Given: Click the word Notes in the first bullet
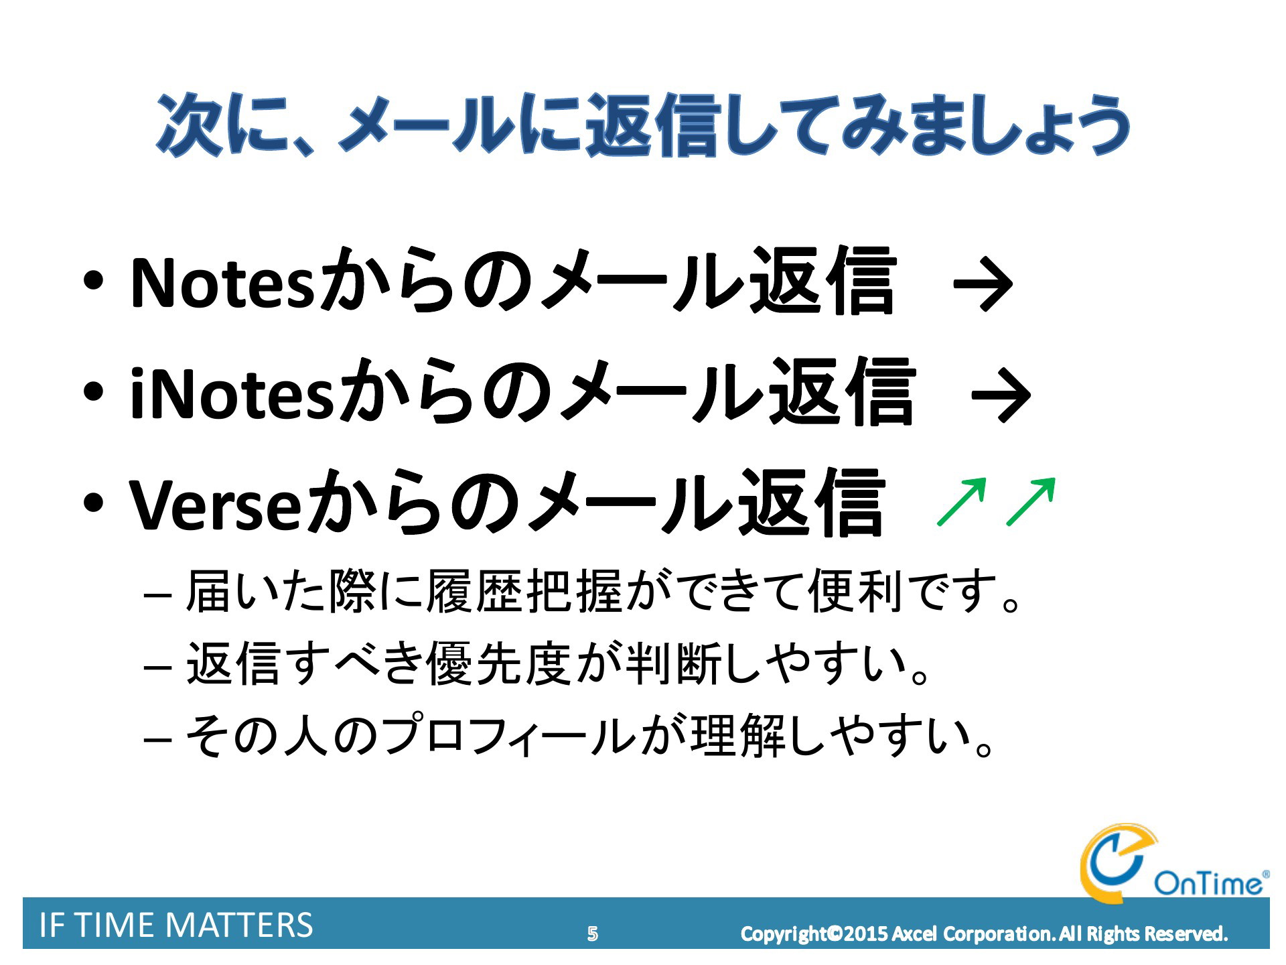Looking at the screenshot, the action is [222, 283].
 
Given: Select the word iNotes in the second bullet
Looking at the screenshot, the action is [231, 393].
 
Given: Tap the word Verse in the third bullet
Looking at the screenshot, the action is [214, 505].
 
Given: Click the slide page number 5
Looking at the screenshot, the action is [592, 934].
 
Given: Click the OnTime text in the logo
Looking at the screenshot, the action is [1209, 883].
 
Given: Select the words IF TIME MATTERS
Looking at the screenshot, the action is [176, 925].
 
